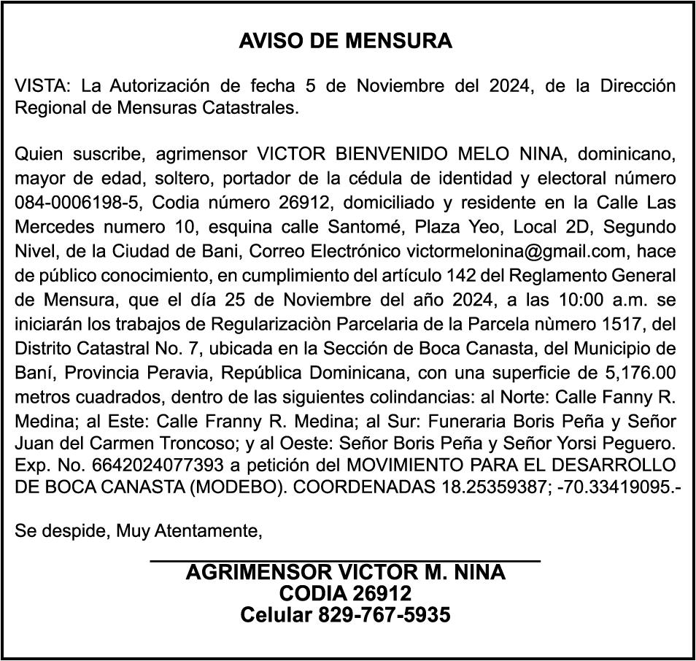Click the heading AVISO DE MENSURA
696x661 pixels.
(x=346, y=41)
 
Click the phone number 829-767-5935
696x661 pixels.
(x=383, y=615)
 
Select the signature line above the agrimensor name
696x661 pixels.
(x=345, y=560)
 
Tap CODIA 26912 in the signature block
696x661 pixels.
(x=345, y=593)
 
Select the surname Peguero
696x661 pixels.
(x=641, y=443)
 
